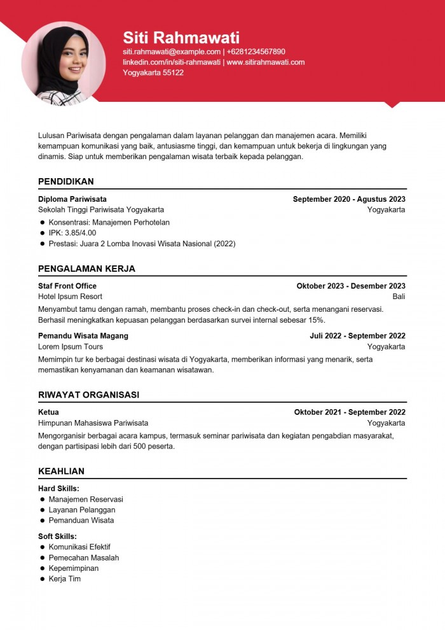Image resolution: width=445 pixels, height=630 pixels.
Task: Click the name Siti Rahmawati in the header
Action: pos(181,37)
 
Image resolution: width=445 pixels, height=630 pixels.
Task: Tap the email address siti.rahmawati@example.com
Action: pos(172,52)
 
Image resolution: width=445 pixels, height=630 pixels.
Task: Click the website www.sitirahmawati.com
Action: pos(266,62)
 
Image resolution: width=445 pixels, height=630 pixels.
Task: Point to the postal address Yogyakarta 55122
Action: pos(153,73)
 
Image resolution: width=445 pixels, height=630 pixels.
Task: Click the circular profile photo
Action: pos(64,63)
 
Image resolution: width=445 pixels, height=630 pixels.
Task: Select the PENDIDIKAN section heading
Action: pos(66,181)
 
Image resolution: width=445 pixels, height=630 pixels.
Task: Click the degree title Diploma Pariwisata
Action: pos(72,199)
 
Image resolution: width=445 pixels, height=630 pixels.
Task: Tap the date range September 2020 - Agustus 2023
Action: pos(349,199)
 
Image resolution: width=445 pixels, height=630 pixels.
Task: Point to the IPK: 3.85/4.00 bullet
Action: pos(72,233)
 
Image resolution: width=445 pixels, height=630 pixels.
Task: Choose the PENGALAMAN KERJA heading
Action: pos(86,269)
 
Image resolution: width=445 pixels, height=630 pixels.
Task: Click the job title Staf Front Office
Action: pos(67,286)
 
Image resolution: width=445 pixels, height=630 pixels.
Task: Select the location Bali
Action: pos(399,297)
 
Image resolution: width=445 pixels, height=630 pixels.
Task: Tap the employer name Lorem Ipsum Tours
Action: pos(71,347)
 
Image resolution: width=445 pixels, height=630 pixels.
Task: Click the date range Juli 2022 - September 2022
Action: pos(357,336)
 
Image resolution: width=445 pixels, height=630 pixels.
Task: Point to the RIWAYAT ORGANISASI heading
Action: pos(88,395)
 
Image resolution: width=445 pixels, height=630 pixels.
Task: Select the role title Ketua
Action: pos(48,412)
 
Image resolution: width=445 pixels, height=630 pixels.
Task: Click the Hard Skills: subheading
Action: pos(58,489)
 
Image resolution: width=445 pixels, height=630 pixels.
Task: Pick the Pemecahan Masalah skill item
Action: pos(84,557)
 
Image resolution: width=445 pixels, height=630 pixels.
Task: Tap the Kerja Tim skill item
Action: pos(65,579)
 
